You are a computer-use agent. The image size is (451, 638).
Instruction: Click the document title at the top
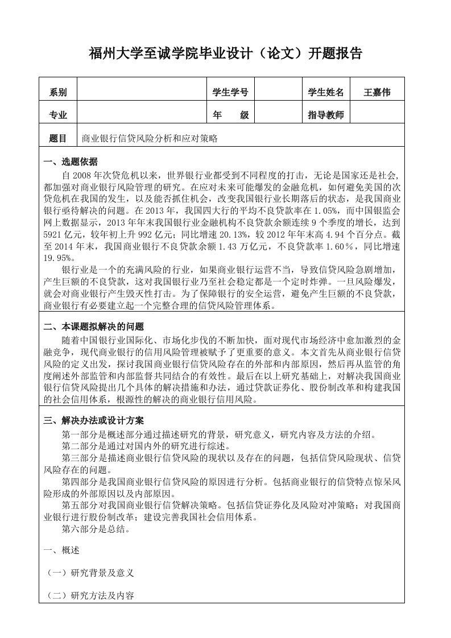[226, 54]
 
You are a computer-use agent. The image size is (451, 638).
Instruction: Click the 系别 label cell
[58, 93]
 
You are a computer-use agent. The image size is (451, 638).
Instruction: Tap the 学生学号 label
[230, 92]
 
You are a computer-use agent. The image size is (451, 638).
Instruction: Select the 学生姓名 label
[326, 92]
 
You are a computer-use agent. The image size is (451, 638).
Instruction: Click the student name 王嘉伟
[377, 92]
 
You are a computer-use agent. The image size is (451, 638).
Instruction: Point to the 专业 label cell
[58, 115]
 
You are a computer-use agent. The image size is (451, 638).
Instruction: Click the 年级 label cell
[230, 115]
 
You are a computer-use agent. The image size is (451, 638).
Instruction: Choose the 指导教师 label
[326, 115]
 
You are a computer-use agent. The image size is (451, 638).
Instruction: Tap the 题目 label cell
[58, 138]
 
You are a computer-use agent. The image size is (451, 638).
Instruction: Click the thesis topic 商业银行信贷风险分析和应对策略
[150, 138]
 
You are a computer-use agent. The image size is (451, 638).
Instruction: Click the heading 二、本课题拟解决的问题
[94, 327]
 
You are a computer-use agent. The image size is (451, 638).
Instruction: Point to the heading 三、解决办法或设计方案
[94, 421]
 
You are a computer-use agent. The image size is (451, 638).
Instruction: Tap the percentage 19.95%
[58, 257]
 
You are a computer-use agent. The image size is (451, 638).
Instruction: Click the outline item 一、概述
[62, 550]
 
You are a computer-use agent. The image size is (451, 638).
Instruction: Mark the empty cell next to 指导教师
[377, 115]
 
